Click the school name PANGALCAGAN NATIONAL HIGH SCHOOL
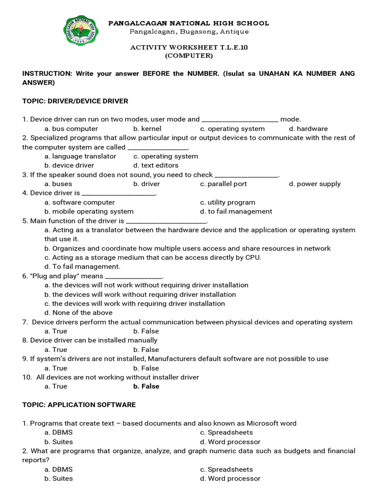click(189, 23)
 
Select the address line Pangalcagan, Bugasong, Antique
click(189, 32)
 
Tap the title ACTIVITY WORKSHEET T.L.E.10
click(189, 47)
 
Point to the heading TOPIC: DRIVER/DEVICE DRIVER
click(75, 101)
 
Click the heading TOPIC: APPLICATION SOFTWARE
click(79, 405)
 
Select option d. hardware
click(308, 128)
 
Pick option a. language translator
click(80, 156)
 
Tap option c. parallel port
click(223, 184)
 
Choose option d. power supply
click(315, 184)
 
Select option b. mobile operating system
click(89, 211)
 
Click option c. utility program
click(227, 202)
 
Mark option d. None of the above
click(78, 313)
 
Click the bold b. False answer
click(146, 386)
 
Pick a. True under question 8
click(56, 349)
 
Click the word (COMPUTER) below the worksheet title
click(189, 56)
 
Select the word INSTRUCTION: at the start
click(47, 73)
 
